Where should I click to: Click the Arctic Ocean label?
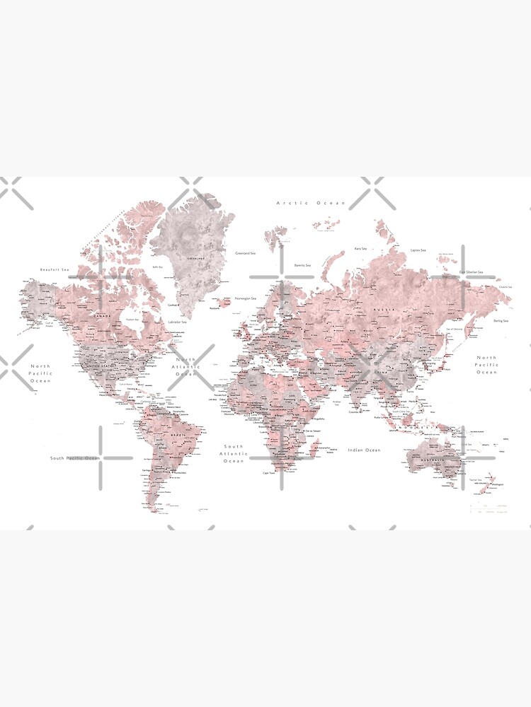tap(311, 203)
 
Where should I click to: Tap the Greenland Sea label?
tap(246, 252)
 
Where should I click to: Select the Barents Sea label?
tap(304, 265)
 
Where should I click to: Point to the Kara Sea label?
tap(360, 248)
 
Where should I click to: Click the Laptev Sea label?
tap(418, 250)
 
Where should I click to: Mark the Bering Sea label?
tap(501, 320)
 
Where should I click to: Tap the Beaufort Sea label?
tap(55, 269)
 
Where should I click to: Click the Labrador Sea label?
tap(177, 322)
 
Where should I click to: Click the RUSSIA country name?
tap(385, 310)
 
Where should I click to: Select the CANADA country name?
tap(101, 315)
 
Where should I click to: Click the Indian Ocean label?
tap(364, 450)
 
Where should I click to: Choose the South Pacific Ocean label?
tap(75, 458)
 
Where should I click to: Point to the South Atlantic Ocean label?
tap(234, 453)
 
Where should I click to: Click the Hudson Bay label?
tap(132, 320)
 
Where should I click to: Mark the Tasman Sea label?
tap(476, 479)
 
